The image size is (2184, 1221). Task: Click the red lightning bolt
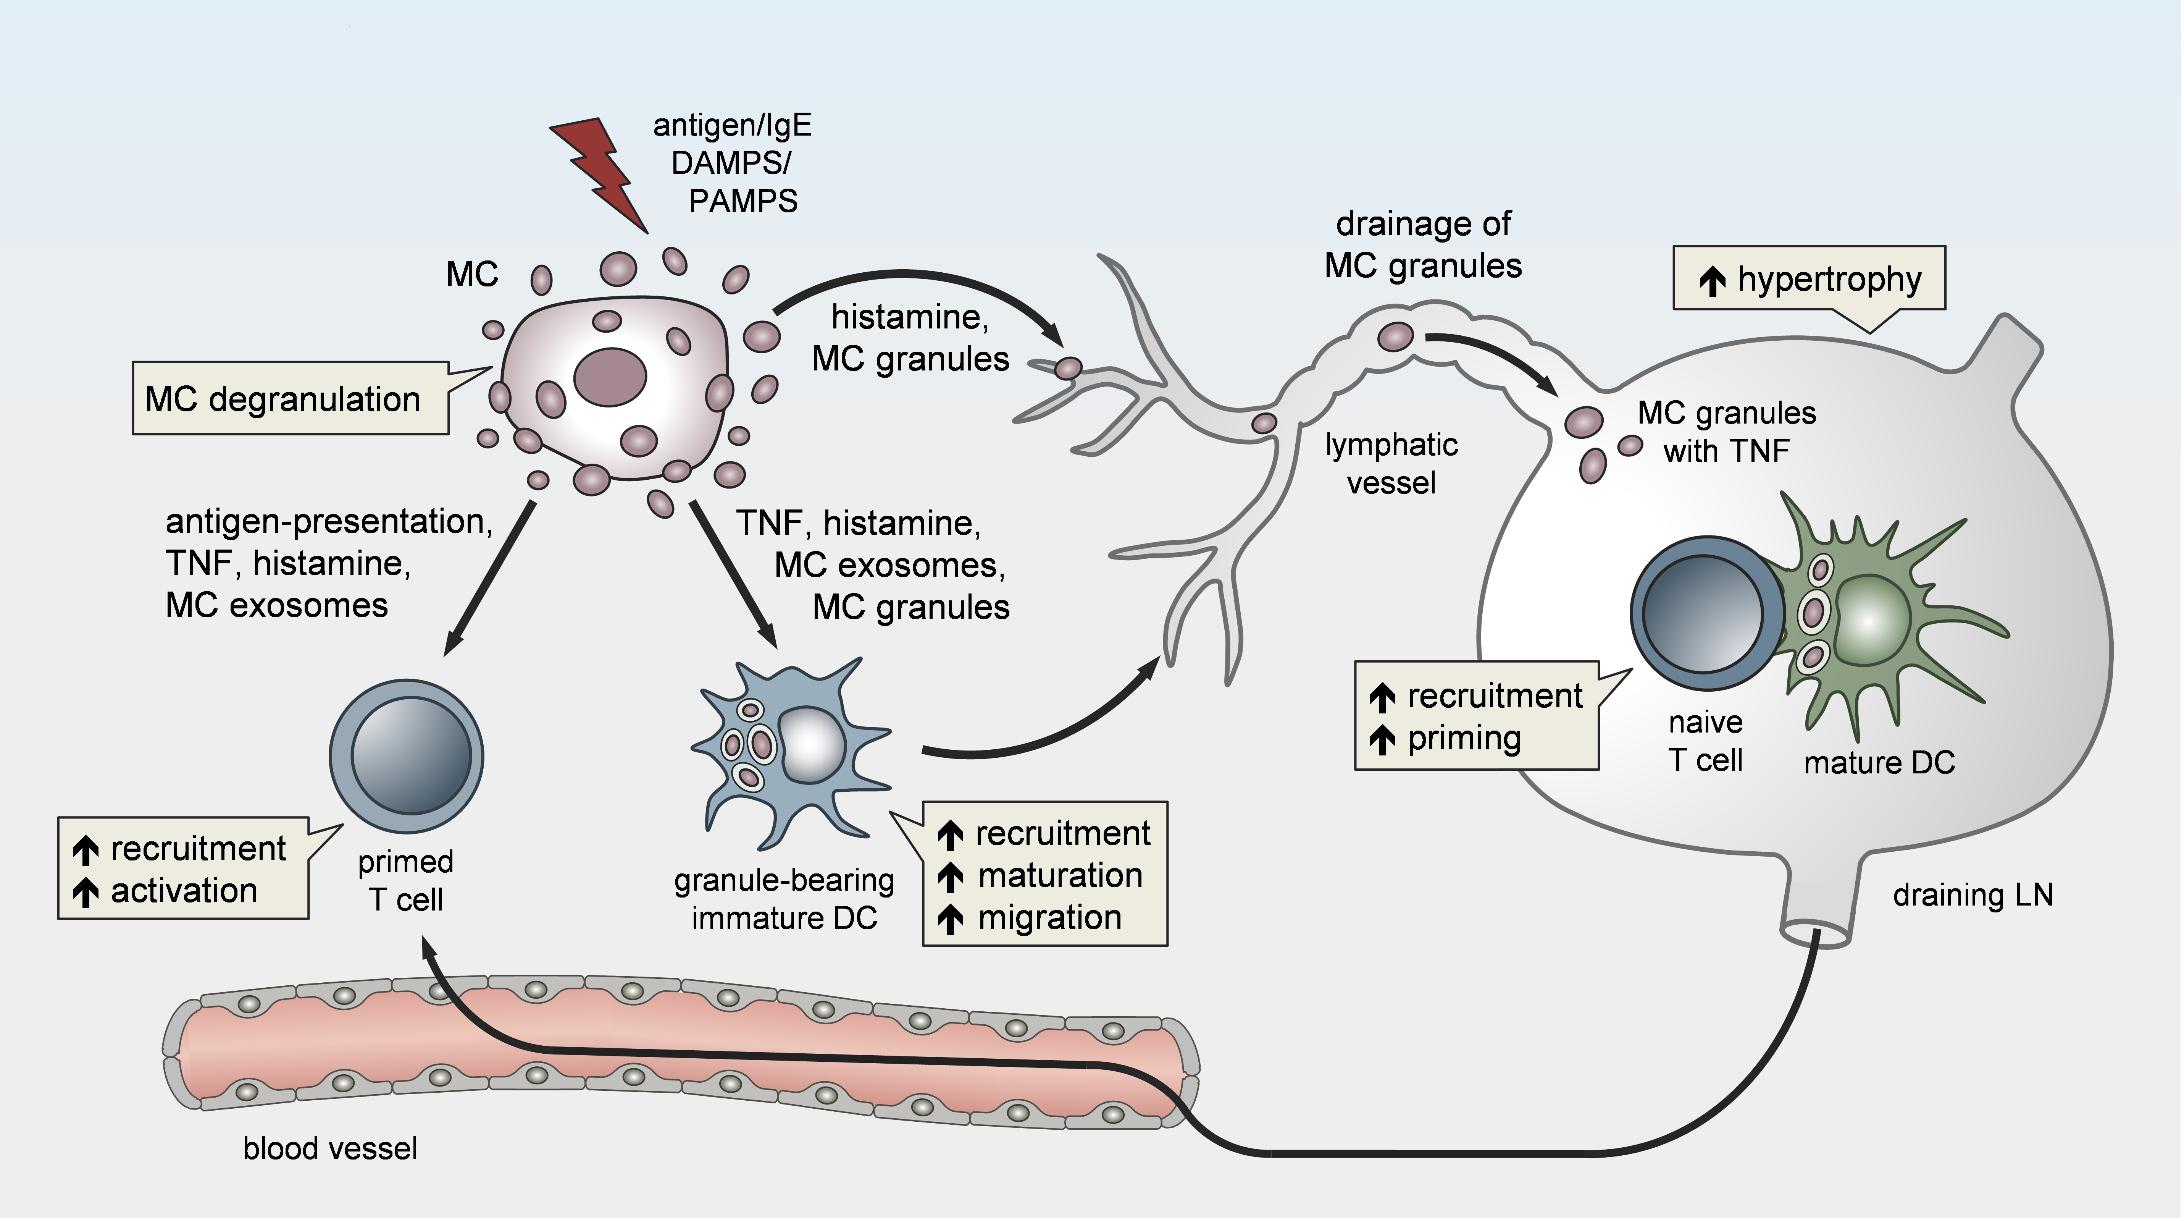pyautogui.click(x=604, y=174)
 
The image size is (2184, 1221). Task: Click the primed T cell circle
pyautogui.click(x=407, y=755)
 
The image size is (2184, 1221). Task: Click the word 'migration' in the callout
pyautogui.click(x=1049, y=917)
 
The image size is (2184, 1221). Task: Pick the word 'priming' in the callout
pyautogui.click(x=1464, y=739)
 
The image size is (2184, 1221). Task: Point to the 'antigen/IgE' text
pyautogui.click(x=733, y=126)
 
